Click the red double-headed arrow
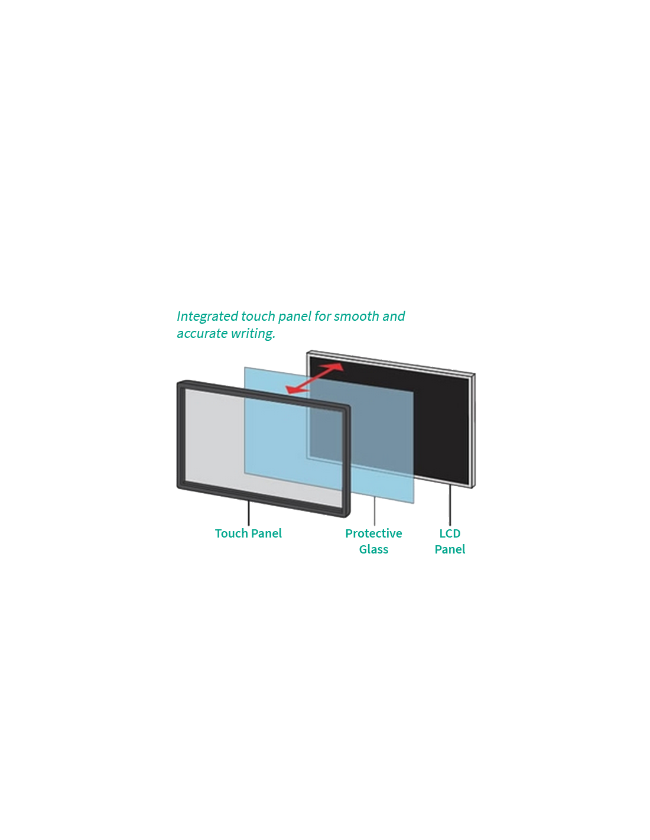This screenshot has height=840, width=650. pos(314,378)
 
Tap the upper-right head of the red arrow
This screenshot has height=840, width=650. pos(339,366)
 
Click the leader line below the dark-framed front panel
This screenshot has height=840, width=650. pos(249,513)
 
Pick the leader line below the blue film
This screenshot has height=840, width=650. pos(375,512)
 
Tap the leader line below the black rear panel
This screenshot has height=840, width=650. pos(450,505)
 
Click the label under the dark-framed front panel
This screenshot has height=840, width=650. pos(249,533)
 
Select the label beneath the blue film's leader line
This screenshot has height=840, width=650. pos(373,541)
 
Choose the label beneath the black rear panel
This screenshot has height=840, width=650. pos(450,541)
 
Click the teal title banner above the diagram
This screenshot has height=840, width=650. pos(287,325)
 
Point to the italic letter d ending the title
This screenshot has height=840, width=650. pos(401,317)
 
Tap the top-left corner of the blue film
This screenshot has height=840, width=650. pos(245,367)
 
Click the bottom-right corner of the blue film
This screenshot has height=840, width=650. pos(414,503)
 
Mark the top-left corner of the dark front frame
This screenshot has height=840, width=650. pos(179,383)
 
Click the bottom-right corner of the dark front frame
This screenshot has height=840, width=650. pos(348,515)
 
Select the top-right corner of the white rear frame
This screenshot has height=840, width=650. pos(474,375)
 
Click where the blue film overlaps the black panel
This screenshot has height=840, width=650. pos(378,425)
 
